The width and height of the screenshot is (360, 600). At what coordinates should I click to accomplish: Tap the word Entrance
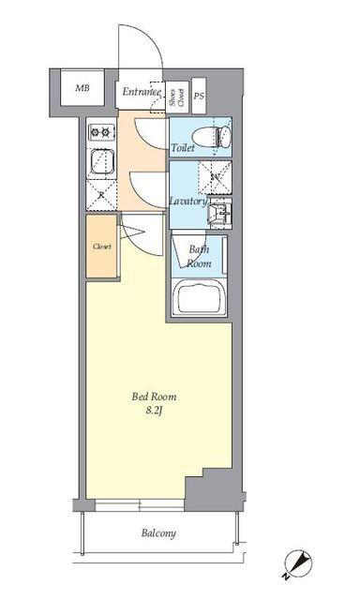coord(142,92)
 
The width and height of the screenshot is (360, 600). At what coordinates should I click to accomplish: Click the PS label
coord(199,96)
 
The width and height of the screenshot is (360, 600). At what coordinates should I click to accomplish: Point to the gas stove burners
coord(100,131)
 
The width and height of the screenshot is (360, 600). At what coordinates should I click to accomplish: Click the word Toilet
coord(183,148)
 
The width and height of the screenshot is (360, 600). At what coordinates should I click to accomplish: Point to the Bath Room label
coord(198,256)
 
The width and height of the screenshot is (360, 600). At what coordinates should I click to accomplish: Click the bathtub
coord(199,299)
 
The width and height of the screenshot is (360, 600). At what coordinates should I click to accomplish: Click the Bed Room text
coord(154,397)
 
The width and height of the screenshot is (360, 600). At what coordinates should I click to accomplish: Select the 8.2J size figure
coord(154,411)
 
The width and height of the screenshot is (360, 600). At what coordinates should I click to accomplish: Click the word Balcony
coord(158,533)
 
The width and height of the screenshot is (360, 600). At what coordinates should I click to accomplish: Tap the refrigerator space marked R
coord(102,194)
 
